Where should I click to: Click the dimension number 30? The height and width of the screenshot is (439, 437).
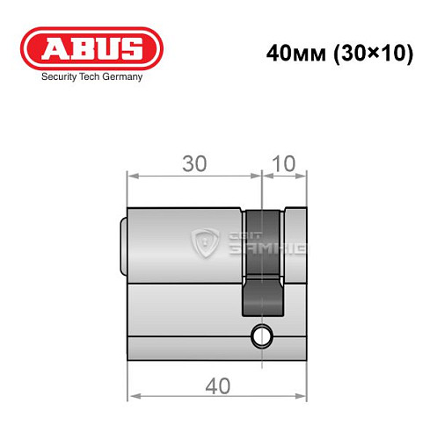(194, 163)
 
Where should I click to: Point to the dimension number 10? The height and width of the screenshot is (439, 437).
(285, 163)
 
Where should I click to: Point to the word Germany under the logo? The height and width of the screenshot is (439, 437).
(120, 76)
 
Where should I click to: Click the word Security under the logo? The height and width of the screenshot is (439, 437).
(60, 76)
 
